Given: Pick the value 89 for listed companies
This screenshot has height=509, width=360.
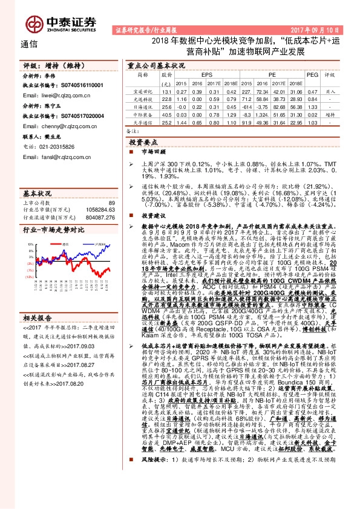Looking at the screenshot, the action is (111, 203).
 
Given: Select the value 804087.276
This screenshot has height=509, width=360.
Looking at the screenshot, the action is (98, 216).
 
